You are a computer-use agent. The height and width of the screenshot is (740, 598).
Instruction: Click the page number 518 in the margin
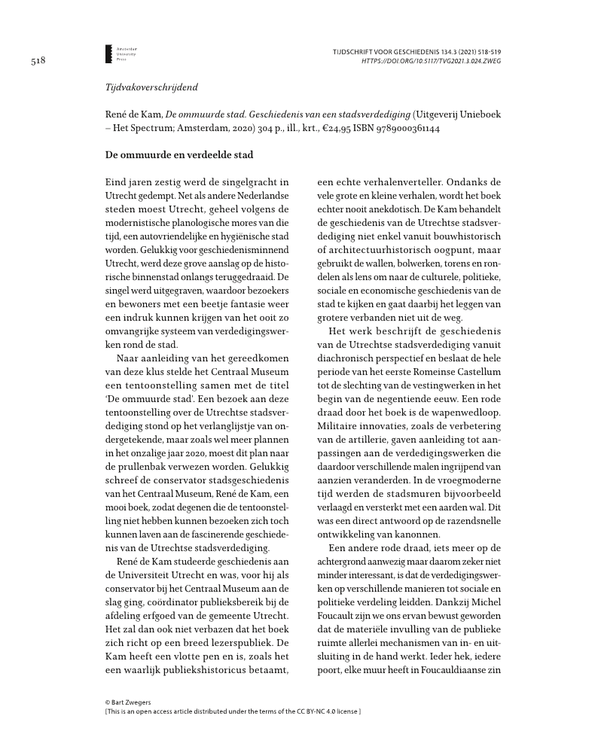click(38, 62)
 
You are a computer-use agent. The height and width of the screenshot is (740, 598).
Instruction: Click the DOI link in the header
click(432, 60)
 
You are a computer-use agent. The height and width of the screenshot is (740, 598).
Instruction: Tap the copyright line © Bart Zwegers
click(131, 702)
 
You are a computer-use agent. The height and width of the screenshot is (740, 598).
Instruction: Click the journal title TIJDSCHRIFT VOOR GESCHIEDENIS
click(389, 51)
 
